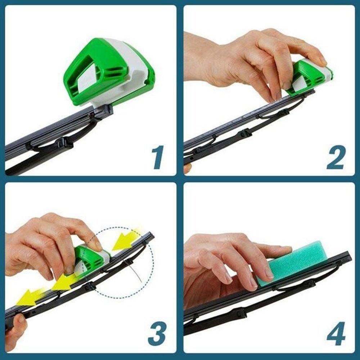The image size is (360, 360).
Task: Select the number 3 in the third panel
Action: [x=157, y=334]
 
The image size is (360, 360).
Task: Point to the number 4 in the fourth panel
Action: [x=336, y=334]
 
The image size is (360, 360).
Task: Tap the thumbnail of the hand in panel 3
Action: [x=94, y=245]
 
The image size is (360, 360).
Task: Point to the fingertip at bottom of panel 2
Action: [x=187, y=168]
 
